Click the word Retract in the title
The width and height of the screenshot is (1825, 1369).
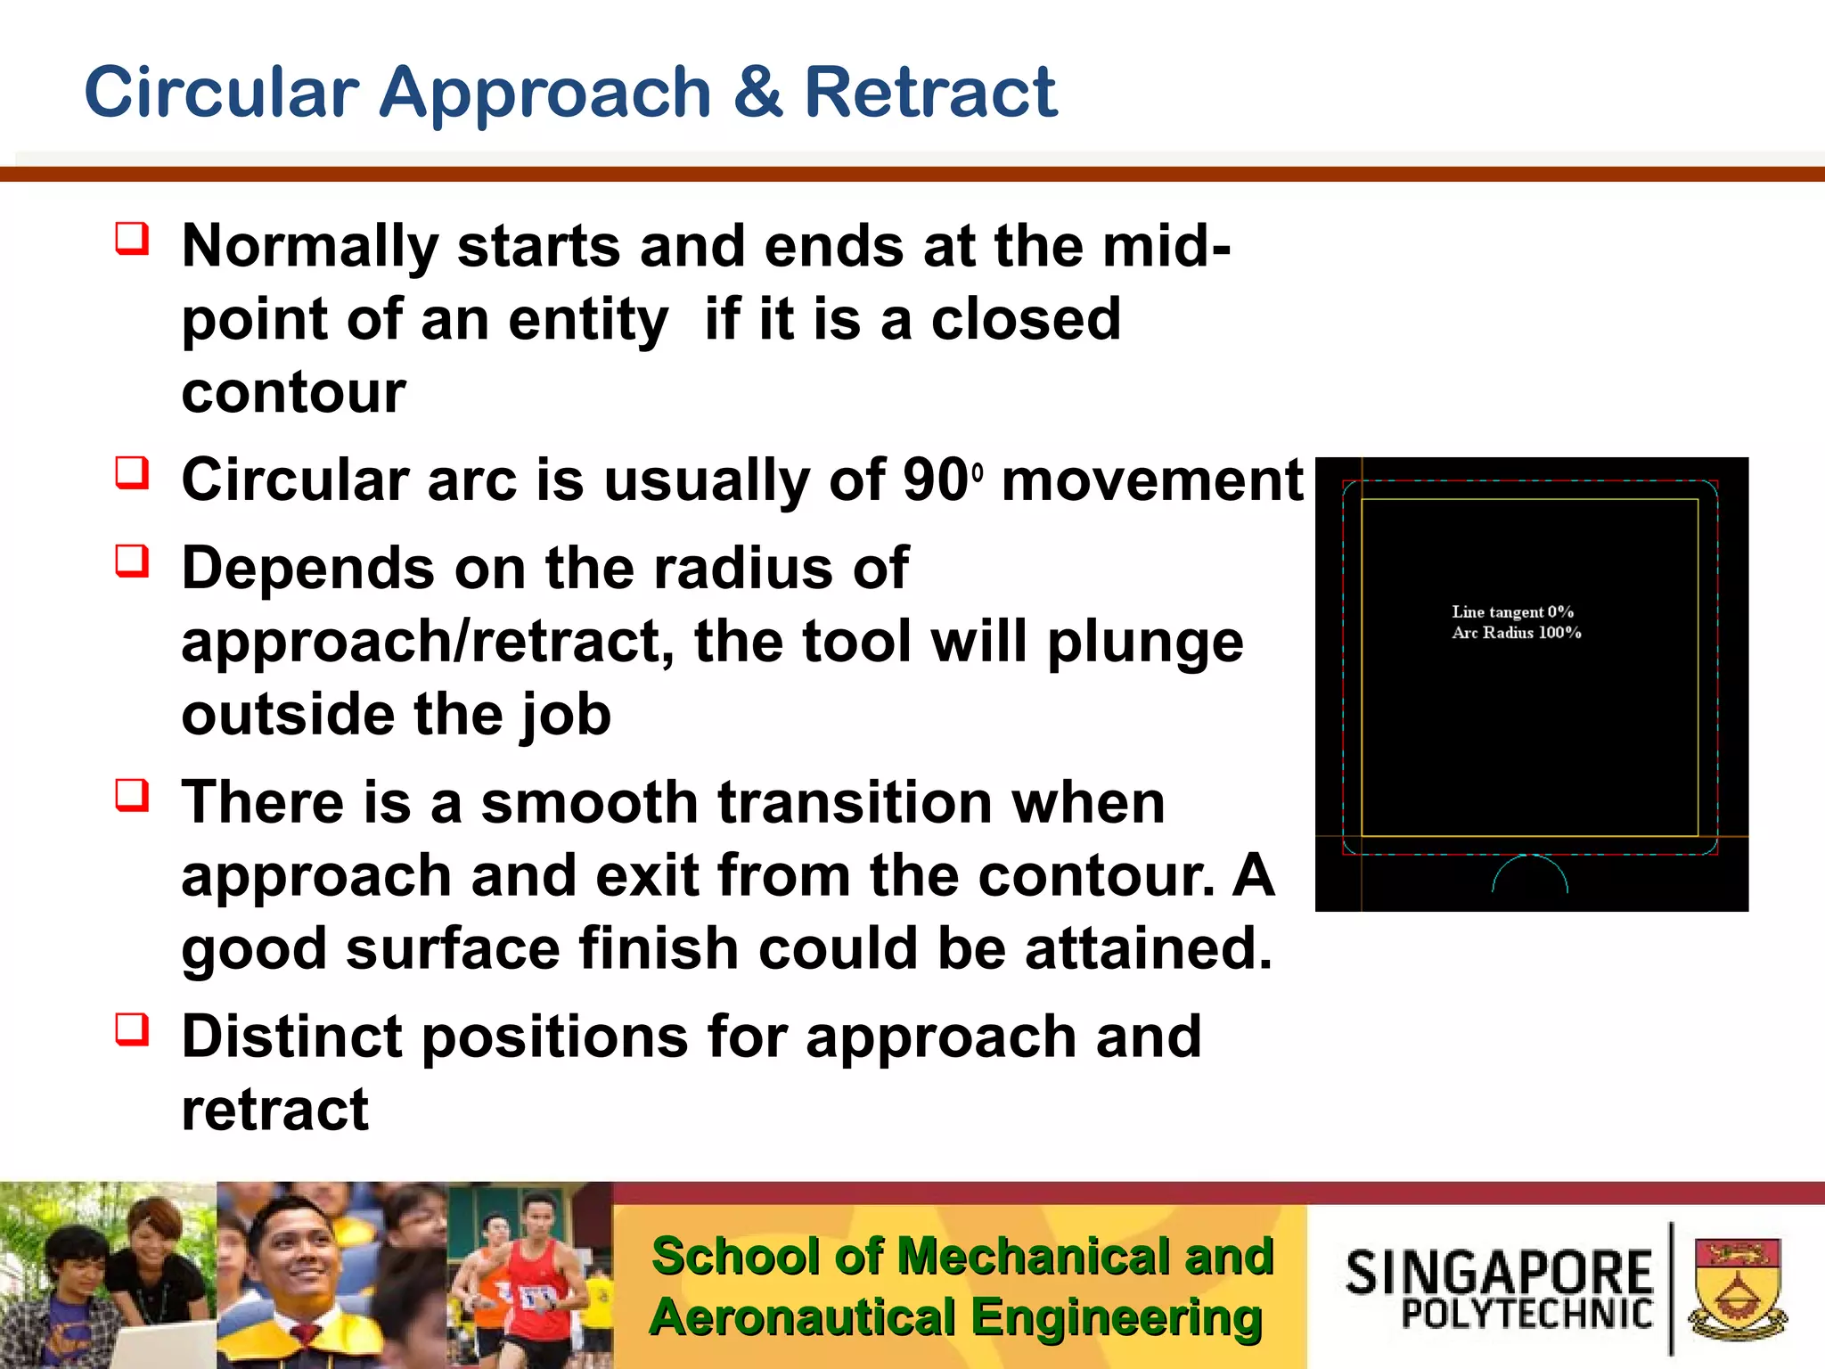pos(929,92)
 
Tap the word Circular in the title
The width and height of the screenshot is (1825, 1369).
pos(221,92)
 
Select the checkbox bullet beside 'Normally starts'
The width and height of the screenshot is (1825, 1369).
pos(132,239)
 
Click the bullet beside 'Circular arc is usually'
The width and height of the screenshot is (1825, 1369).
pos(132,472)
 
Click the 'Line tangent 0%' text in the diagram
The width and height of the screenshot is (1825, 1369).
pos(1512,611)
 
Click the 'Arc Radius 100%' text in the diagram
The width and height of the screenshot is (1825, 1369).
pos(1516,633)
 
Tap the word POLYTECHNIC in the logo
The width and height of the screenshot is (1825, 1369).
pos(1526,1314)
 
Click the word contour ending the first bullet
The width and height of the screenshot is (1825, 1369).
pos(293,392)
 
